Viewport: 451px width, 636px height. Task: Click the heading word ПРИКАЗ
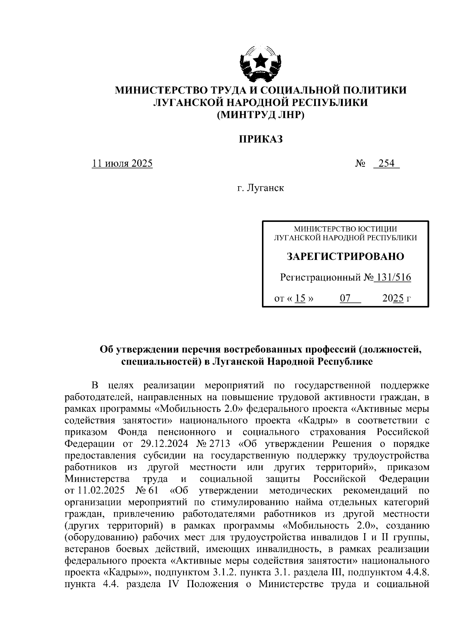coord(260,139)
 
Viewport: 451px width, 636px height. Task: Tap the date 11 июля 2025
coord(123,163)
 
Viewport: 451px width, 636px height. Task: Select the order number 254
coord(386,163)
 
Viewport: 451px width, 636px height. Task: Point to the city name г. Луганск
coord(260,188)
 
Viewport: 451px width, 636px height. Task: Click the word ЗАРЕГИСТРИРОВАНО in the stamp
coord(345,256)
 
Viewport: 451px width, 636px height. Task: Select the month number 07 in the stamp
coord(345,298)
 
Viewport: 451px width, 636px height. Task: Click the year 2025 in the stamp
coord(393,298)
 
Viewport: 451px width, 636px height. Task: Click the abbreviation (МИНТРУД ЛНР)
coord(260,115)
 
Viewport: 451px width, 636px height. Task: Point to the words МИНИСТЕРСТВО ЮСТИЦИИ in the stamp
coord(345,229)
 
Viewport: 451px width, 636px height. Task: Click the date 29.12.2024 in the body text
coord(164,444)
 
